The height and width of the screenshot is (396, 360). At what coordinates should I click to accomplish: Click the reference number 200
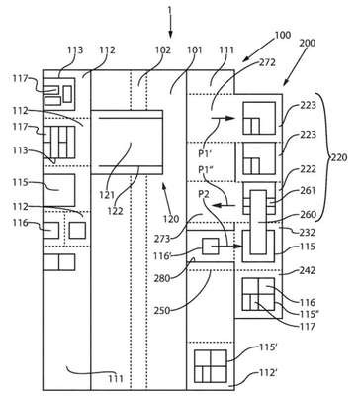tap(308, 43)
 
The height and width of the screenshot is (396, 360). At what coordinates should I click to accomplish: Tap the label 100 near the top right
tap(283, 35)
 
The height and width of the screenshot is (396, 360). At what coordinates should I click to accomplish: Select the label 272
tap(267, 62)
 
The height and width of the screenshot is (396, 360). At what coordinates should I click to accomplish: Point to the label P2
tap(204, 195)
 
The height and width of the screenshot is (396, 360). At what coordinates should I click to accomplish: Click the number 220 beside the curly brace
tap(339, 157)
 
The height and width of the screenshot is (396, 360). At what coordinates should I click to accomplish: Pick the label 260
tap(308, 215)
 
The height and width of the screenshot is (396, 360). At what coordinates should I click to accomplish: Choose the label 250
tap(162, 311)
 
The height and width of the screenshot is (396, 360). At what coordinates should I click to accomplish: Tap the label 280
tap(162, 278)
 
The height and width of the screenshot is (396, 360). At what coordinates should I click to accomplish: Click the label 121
tap(107, 195)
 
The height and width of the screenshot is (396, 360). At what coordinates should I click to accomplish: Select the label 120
tap(171, 218)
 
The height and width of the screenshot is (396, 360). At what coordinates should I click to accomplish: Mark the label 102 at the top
tap(163, 50)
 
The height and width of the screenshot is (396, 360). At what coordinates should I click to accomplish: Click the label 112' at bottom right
tap(268, 373)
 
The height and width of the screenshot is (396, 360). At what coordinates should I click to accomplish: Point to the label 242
tap(308, 271)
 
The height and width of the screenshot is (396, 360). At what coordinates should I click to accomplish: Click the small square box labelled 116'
tap(211, 247)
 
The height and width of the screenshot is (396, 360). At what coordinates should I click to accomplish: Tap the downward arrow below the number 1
tap(170, 26)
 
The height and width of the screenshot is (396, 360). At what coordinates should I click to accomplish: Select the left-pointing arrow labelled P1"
tap(224, 206)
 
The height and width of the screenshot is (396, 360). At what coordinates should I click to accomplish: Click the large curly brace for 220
tap(325, 157)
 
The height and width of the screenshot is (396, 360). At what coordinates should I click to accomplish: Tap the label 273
tap(162, 238)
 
